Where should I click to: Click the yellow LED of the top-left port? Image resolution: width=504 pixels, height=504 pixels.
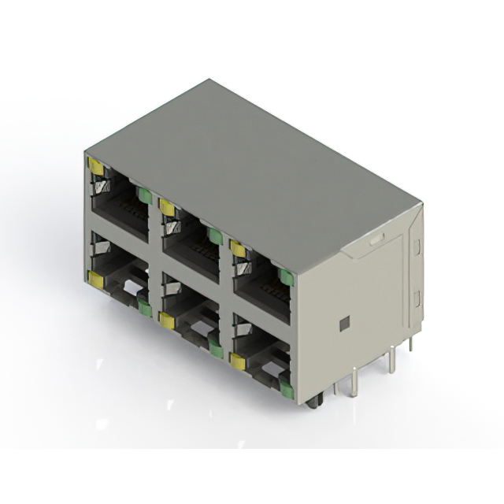(97, 165)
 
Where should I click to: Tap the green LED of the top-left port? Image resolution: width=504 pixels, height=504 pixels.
(144, 195)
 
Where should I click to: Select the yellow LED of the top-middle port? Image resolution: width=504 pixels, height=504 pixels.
(166, 207)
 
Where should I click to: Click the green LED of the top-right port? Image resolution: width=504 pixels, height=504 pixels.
(284, 277)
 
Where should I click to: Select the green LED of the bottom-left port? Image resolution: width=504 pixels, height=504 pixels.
(144, 307)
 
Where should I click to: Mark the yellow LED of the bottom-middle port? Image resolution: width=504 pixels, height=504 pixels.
(166, 319)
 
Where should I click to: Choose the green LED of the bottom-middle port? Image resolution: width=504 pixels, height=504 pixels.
(214, 347)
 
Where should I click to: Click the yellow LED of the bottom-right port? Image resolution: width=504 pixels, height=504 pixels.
(237, 361)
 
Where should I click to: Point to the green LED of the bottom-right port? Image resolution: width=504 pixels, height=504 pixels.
(285, 385)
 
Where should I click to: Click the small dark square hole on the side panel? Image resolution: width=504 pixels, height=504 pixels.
(343, 324)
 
